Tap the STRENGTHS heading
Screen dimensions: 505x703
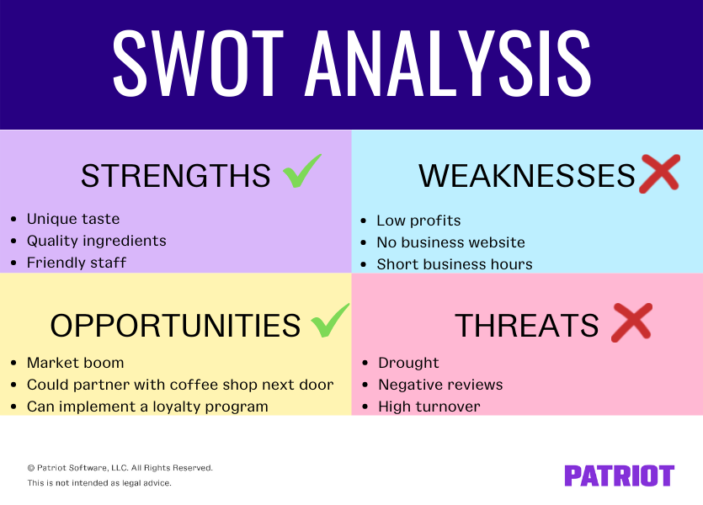(x=176, y=176)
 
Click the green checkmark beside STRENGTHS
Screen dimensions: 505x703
(x=301, y=172)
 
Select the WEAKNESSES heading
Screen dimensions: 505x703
(x=526, y=176)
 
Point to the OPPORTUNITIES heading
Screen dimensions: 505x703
(x=175, y=325)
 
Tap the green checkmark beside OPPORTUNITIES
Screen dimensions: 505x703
(x=330, y=322)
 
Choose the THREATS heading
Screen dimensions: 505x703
(x=527, y=325)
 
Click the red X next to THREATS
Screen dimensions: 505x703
(x=631, y=322)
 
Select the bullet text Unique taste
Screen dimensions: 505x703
(x=73, y=219)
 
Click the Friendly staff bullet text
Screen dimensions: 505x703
(x=77, y=263)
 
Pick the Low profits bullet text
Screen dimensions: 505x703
(x=418, y=221)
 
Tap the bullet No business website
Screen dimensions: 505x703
(x=450, y=242)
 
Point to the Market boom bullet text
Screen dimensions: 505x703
(x=75, y=363)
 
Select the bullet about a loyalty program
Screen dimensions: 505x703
(x=147, y=407)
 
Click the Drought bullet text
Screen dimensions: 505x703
(x=408, y=363)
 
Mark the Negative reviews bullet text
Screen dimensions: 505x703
(x=440, y=385)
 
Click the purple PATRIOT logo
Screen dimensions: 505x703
(x=619, y=476)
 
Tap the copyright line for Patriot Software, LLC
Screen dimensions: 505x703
(x=120, y=467)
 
